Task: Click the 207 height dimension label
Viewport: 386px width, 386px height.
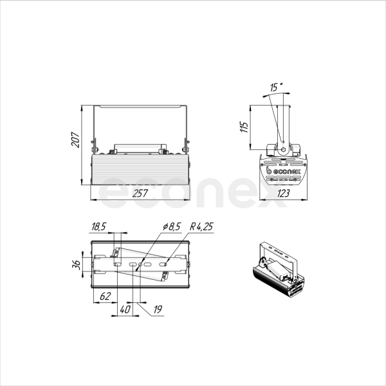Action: pyautogui.click(x=75, y=140)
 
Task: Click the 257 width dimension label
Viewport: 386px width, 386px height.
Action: pyautogui.click(x=140, y=193)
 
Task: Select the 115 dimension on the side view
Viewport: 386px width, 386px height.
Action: pyautogui.click(x=244, y=127)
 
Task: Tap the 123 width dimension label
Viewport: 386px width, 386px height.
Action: pyautogui.click(x=283, y=193)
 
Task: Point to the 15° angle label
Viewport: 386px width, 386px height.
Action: pyautogui.click(x=276, y=87)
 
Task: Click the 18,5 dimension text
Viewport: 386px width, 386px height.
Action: pyautogui.click(x=98, y=226)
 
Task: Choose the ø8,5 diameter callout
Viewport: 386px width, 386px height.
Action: pyautogui.click(x=172, y=226)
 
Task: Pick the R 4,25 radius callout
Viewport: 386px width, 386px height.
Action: pyautogui.click(x=201, y=226)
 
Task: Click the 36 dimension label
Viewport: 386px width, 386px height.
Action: pyautogui.click(x=77, y=264)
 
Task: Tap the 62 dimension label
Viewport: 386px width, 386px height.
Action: pyautogui.click(x=105, y=296)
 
